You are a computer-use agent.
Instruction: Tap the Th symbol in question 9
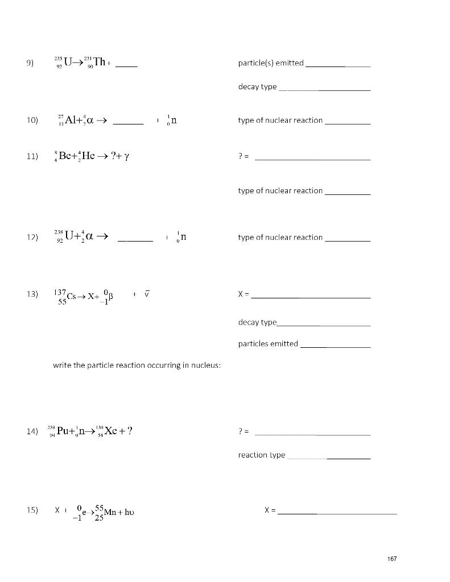100,63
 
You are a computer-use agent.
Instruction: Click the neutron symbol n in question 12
183,237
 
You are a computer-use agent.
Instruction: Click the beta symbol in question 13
112,296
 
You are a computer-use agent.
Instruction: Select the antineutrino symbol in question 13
147,294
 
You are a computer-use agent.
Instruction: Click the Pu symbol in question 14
63,431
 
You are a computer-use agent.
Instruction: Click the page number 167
391,559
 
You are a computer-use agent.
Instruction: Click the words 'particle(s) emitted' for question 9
271,63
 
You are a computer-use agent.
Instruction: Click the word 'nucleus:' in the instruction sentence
207,365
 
